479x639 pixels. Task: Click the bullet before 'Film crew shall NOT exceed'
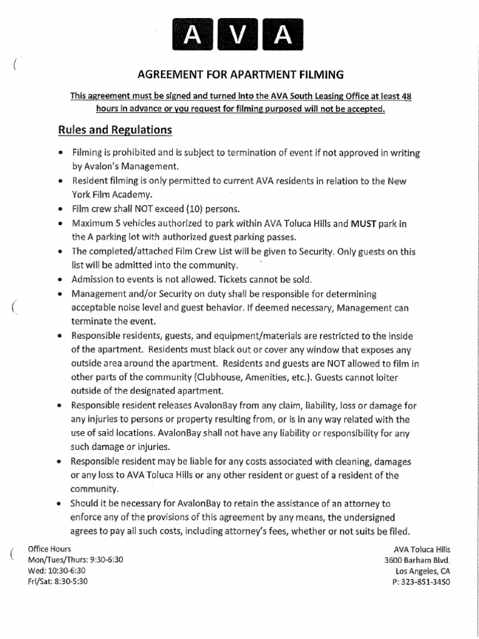59,208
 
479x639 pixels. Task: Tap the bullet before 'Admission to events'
59,279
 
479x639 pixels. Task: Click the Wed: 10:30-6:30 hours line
57,570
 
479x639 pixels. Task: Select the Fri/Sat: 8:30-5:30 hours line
58,581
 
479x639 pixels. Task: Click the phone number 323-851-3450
426,582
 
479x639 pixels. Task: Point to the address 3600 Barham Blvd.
417,560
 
